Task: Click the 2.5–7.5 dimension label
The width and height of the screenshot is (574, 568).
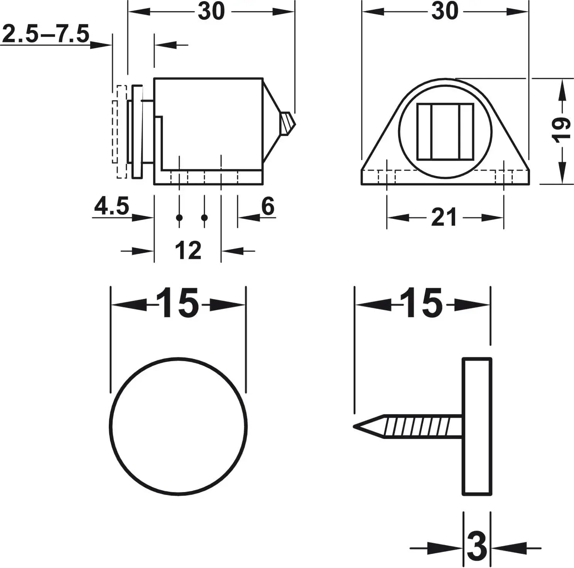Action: pyautogui.click(x=46, y=34)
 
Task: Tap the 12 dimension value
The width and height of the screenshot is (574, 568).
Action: pyautogui.click(x=188, y=250)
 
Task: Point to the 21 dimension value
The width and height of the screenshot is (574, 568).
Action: pyautogui.click(x=444, y=217)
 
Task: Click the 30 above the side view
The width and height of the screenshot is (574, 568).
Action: pyautogui.click(x=211, y=12)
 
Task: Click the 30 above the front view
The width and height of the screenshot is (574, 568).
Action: pyautogui.click(x=444, y=12)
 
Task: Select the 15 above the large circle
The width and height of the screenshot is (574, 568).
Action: pyautogui.click(x=178, y=304)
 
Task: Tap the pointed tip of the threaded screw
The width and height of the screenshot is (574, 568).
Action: pyautogui.click(x=357, y=427)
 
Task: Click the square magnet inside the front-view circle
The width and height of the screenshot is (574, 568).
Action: pyautogui.click(x=445, y=132)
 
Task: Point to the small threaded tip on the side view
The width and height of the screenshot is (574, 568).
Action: pyautogui.click(x=288, y=123)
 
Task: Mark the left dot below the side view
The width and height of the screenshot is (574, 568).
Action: pyautogui.click(x=179, y=218)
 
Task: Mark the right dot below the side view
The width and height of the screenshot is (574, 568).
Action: pyautogui.click(x=204, y=218)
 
